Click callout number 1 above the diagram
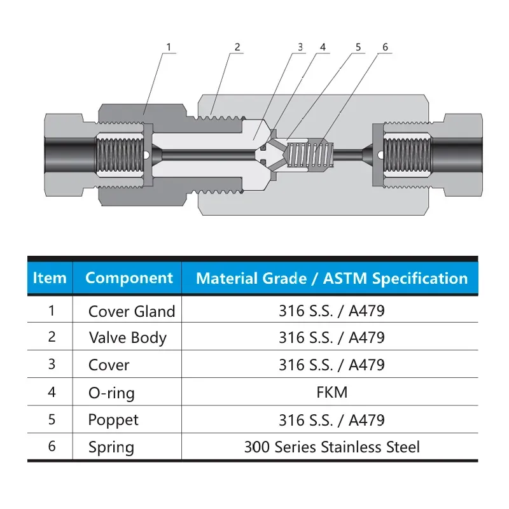point(169,47)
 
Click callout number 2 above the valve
point(237,47)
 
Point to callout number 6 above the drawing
point(385,47)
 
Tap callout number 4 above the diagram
point(323,47)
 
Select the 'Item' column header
point(50,278)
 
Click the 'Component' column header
point(129,278)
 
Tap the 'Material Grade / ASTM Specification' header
point(331,278)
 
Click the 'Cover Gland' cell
point(131,312)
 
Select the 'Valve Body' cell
point(127,338)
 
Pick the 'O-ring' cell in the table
point(111,393)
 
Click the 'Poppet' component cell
point(113,420)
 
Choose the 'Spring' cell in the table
point(111,447)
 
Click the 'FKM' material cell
point(331,392)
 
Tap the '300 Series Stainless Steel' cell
point(331,447)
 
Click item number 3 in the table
point(52,365)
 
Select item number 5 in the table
point(52,419)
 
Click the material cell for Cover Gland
point(331,311)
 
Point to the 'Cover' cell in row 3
point(109,365)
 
